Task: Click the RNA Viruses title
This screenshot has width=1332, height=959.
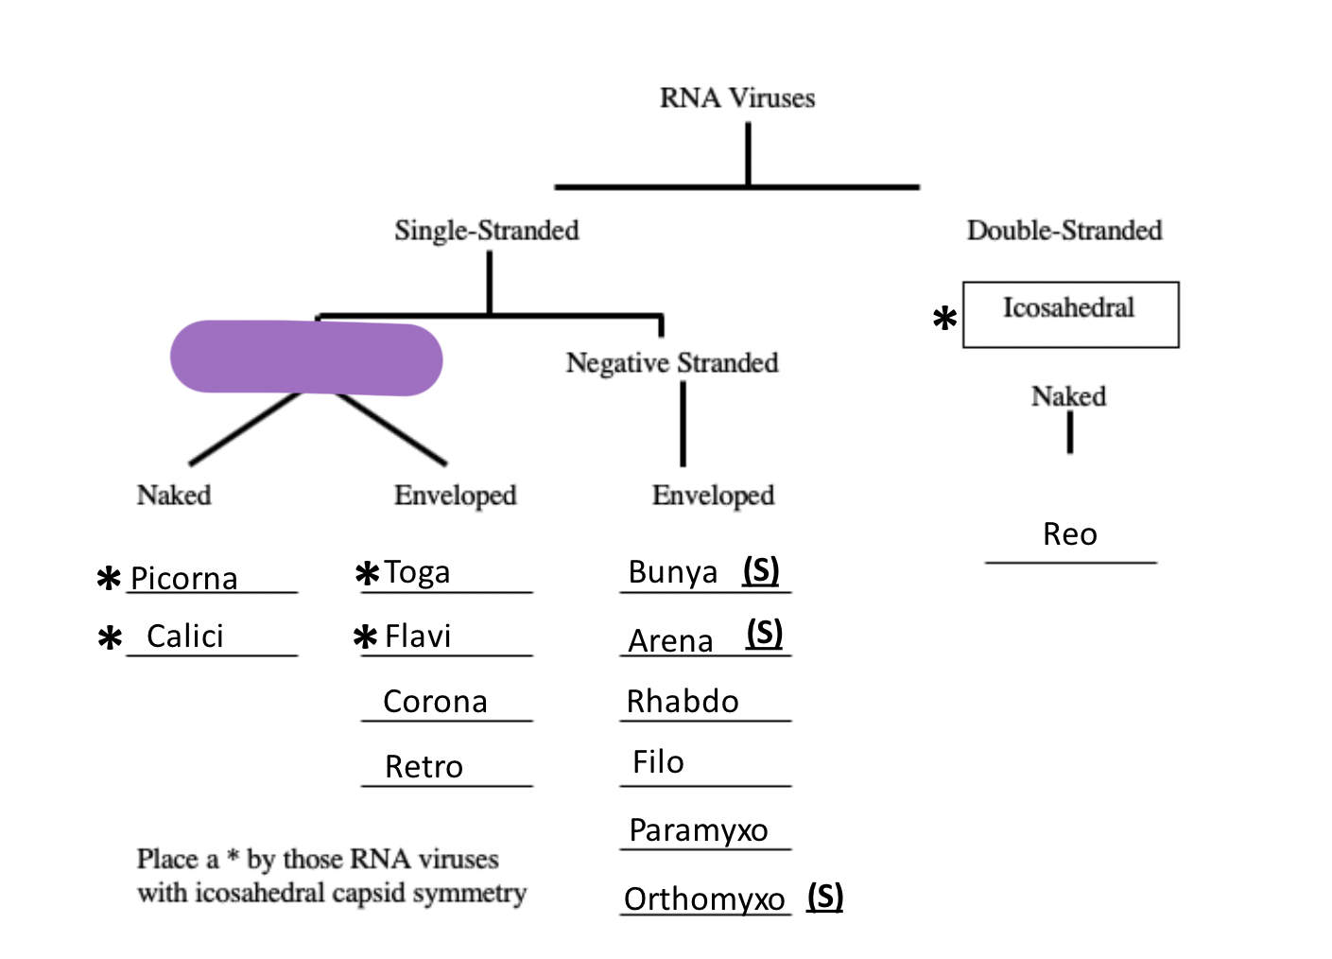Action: tap(736, 98)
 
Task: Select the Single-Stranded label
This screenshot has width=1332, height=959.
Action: tap(486, 231)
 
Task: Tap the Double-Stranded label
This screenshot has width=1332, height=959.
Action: tap(1064, 231)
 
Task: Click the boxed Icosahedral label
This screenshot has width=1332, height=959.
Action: tap(1069, 309)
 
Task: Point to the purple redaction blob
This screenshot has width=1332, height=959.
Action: tap(305, 357)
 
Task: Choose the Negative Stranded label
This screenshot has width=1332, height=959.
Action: tap(671, 363)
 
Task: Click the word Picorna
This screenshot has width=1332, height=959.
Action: tap(183, 578)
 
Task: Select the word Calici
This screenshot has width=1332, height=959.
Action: tap(185, 636)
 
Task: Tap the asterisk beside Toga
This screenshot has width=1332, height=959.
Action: tap(367, 574)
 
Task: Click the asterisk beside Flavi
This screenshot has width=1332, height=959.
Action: tap(365, 637)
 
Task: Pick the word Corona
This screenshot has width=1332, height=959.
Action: tap(435, 702)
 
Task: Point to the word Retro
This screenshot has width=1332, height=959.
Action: tap(424, 767)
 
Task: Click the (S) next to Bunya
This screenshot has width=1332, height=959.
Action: tap(761, 570)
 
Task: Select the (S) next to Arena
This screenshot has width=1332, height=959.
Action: tap(765, 633)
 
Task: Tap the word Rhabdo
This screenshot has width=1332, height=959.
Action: tap(683, 702)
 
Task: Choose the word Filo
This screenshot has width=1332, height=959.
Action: tap(658, 762)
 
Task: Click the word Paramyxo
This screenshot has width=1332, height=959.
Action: tap(698, 830)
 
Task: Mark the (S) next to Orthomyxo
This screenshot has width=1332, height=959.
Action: tap(825, 897)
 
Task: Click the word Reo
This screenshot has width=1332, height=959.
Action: tap(1069, 534)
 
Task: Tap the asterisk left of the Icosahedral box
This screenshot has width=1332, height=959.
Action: tap(944, 319)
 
